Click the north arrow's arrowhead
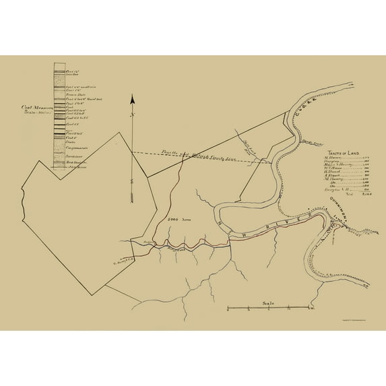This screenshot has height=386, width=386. click(x=133, y=100)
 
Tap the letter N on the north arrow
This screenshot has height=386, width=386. click(x=133, y=115)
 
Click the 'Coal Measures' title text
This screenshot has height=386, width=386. click(x=37, y=106)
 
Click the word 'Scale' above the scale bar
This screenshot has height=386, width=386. click(x=268, y=302)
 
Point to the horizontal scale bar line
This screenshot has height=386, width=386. click(x=269, y=308)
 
